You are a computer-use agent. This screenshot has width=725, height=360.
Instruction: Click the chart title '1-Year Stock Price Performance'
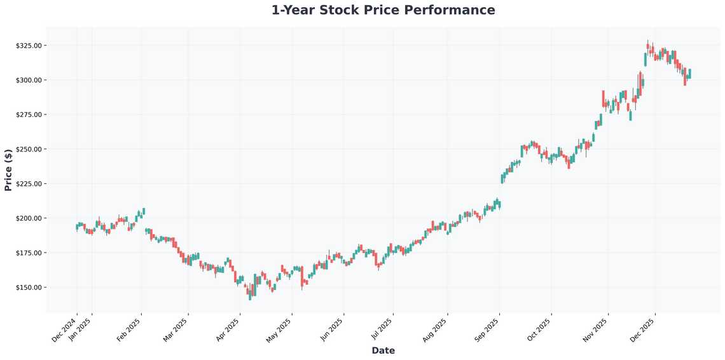pyautogui.click(x=383, y=10)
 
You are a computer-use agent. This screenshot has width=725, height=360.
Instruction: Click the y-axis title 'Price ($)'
pyautogui.click(x=8, y=169)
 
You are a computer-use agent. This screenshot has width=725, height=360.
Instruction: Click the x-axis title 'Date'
pyautogui.click(x=383, y=350)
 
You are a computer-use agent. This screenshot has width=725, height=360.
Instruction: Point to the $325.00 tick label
pyautogui.click(x=29, y=46)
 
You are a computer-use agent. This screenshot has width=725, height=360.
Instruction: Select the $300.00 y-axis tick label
pyautogui.click(x=29, y=80)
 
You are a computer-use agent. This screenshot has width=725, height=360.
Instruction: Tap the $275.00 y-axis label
pyautogui.click(x=29, y=114)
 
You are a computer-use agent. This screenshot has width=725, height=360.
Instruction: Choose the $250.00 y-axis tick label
pyautogui.click(x=29, y=149)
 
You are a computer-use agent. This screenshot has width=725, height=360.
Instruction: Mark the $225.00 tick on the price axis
pyautogui.click(x=29, y=184)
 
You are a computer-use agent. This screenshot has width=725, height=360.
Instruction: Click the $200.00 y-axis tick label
pyautogui.click(x=29, y=218)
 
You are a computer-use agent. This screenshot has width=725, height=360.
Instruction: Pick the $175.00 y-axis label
pyautogui.click(x=29, y=253)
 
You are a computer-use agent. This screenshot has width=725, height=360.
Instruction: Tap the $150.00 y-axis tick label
pyautogui.click(x=29, y=287)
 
